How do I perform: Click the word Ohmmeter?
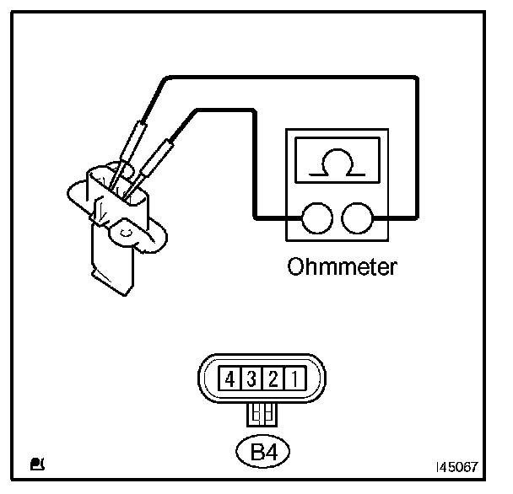[x=342, y=268]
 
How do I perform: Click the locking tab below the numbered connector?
[x=261, y=414]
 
